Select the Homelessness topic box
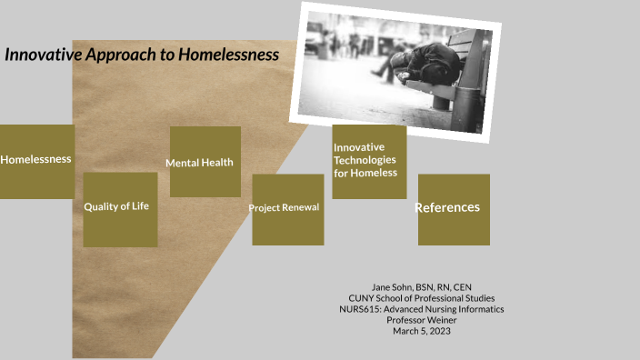point(36,161)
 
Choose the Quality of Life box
point(120,208)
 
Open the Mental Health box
point(205,162)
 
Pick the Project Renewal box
point(287,208)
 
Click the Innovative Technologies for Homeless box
point(368,161)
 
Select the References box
point(453,208)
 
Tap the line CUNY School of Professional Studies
point(421,298)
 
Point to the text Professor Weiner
point(421,320)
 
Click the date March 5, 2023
point(421,331)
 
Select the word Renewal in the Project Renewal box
point(300,208)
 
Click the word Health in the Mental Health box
point(218,163)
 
